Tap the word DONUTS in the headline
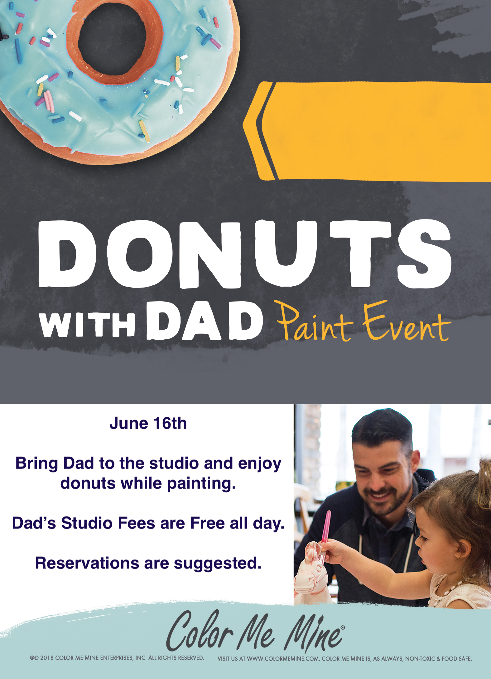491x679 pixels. pos(245,254)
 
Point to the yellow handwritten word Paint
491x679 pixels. pos(315,322)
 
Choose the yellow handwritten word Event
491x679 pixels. pos(407,322)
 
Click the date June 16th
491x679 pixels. pos(148,423)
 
